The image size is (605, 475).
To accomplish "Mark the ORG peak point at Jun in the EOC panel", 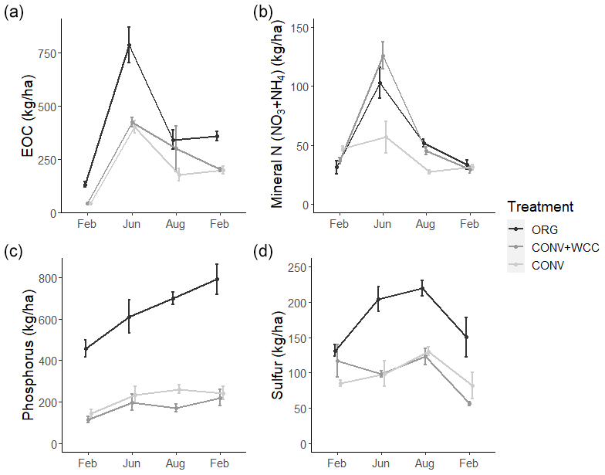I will [130, 45].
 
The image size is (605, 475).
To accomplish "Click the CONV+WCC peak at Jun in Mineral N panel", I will [382, 56].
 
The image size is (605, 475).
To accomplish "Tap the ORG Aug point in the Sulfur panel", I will [422, 288].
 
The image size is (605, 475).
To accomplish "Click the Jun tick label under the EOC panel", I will [130, 224].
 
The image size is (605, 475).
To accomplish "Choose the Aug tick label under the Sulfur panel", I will [424, 463].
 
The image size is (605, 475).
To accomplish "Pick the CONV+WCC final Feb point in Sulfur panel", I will [468, 403].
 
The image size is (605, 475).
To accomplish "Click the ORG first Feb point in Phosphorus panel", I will [86, 349].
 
